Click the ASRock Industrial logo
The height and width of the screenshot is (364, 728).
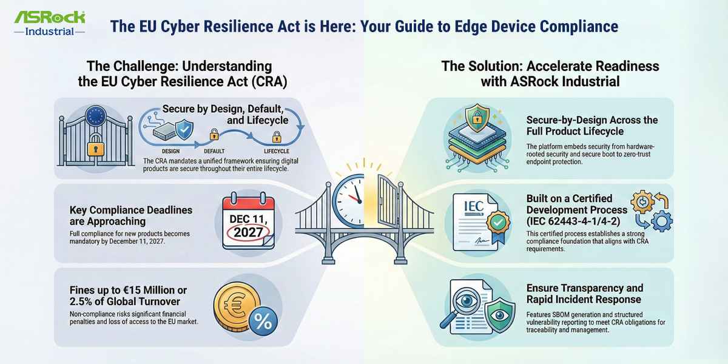[50, 22]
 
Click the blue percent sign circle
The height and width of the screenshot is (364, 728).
[263, 321]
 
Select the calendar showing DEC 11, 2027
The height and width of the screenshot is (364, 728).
[248, 221]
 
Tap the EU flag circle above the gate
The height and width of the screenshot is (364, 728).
[96, 115]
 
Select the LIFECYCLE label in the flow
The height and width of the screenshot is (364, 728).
[276, 151]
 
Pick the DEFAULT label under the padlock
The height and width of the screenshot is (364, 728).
[214, 151]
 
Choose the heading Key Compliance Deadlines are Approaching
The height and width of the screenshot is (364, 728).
[131, 215]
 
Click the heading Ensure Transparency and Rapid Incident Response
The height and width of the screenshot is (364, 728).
[584, 294]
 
